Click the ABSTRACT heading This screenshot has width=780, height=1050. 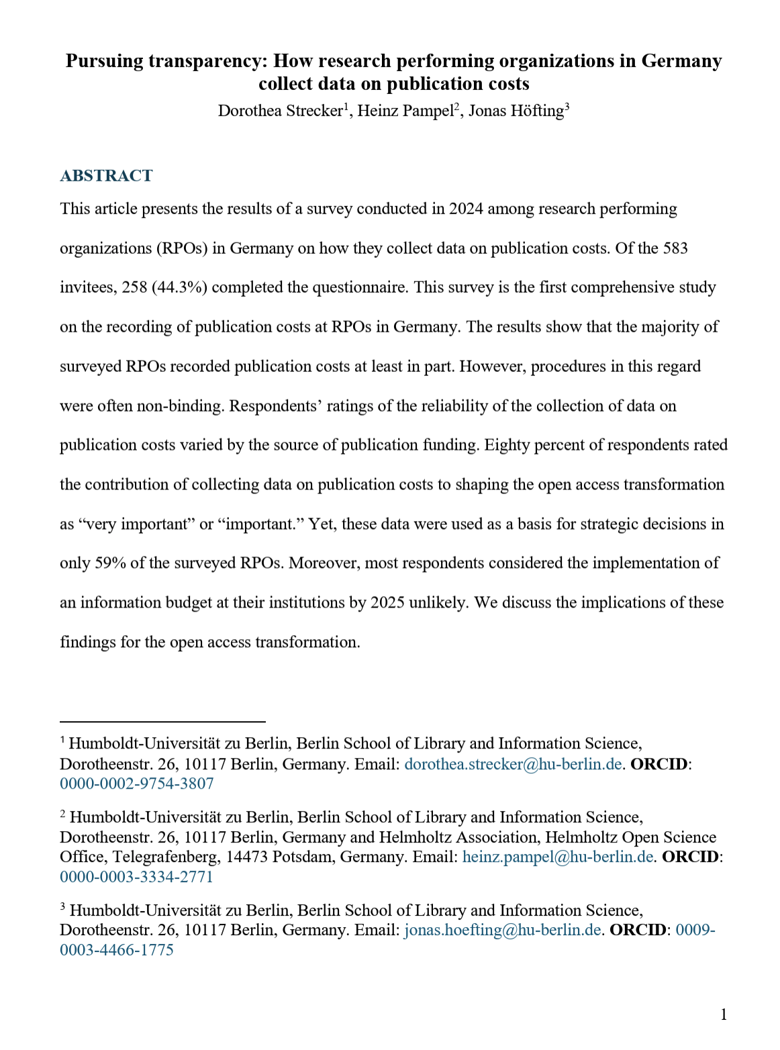(106, 176)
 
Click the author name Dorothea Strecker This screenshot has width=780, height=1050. (280, 111)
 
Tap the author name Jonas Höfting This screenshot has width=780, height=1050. (516, 111)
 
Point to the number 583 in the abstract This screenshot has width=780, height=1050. (675, 248)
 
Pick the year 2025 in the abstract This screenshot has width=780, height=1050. (387, 602)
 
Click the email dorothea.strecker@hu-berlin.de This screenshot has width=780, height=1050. (513, 764)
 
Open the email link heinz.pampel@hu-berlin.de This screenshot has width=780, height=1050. (558, 857)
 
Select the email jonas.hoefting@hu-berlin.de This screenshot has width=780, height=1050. (502, 930)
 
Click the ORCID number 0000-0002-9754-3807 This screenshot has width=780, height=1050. (137, 783)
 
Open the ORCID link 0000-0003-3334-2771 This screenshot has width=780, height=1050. (137, 877)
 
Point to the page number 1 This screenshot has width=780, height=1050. (724, 1014)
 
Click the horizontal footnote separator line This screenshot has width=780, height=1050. (162, 722)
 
